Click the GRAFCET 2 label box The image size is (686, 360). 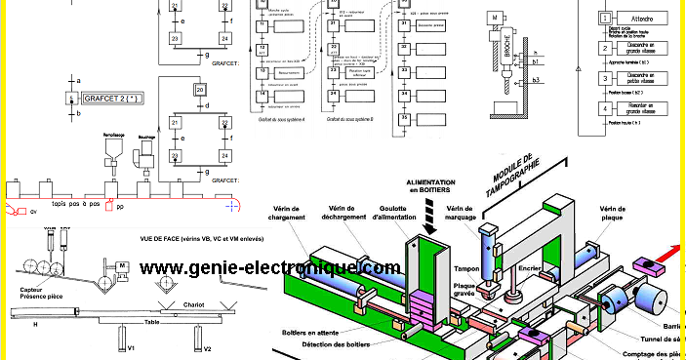[116, 100]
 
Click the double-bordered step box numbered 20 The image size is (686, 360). [199, 91]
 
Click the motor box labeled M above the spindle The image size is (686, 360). [498, 18]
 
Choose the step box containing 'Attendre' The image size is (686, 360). [642, 19]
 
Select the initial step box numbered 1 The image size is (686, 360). [605, 19]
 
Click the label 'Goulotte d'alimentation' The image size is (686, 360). [388, 214]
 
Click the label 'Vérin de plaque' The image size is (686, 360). [612, 214]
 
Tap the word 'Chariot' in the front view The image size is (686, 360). [193, 304]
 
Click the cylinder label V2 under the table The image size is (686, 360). [207, 348]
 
